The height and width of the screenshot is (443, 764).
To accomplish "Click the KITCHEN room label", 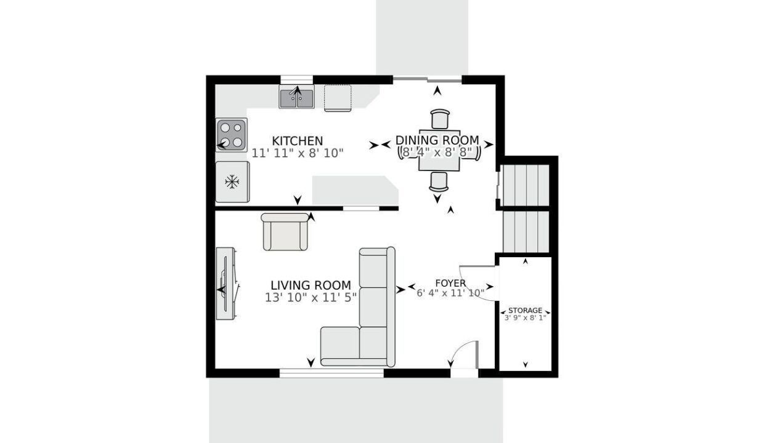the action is [298, 141].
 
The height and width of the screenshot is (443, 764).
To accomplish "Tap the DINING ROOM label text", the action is [437, 140].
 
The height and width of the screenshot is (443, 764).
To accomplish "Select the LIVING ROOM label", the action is [311, 285].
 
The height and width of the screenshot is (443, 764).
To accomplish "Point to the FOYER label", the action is [450, 283].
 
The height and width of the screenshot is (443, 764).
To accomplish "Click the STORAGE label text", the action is [525, 310].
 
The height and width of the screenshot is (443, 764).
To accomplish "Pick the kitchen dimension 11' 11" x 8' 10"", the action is [298, 153].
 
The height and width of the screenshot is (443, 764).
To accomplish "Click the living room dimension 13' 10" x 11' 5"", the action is [311, 298].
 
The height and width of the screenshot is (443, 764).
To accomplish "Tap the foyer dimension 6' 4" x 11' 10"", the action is [450, 293].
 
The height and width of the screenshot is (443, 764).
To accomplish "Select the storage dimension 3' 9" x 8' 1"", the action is [525, 317].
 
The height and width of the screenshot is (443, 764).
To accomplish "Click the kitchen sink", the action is [297, 97].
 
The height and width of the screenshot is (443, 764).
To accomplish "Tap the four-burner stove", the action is [231, 135].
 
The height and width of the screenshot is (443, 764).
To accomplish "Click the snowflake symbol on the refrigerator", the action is [232, 182].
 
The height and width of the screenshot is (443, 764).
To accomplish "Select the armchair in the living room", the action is [285, 232].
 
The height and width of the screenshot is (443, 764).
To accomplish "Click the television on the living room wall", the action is [226, 283].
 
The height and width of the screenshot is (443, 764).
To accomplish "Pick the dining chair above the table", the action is [440, 119].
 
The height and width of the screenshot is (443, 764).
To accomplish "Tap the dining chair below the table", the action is [439, 182].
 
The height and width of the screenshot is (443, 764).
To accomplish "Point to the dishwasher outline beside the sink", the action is [338, 98].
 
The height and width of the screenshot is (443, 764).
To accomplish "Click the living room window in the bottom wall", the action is [331, 373].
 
